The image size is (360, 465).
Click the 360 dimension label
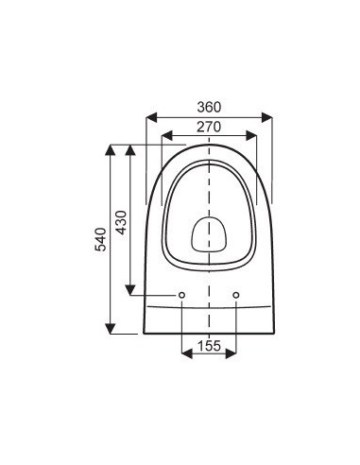coord(209,107)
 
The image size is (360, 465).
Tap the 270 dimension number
coord(209,127)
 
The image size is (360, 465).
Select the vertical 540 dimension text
coord(101,239)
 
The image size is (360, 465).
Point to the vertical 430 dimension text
coord(121,222)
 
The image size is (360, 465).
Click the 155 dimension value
coord(209,346)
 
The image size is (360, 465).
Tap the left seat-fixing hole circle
coord(181,295)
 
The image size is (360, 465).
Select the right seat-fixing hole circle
coord(236,295)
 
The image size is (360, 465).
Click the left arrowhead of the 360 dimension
coord(151,117)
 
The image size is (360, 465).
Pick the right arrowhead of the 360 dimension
coord(267,117)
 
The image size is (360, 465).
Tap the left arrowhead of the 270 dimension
coord(167,136)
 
